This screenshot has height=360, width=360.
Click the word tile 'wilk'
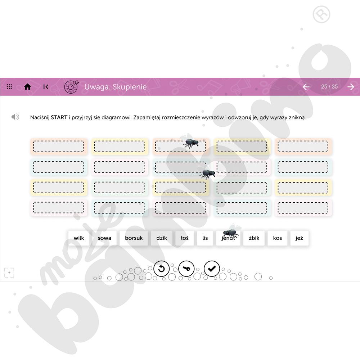(x=79, y=238)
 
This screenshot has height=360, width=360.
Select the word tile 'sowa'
(x=104, y=238)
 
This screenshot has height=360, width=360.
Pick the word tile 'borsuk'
(x=134, y=238)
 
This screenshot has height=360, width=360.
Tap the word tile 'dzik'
(x=162, y=238)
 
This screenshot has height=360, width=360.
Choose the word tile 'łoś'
(x=185, y=238)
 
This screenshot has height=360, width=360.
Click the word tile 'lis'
(x=205, y=238)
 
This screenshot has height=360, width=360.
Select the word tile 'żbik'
(x=254, y=238)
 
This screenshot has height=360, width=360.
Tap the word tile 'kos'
(x=278, y=238)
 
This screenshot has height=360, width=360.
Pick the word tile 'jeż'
(x=300, y=238)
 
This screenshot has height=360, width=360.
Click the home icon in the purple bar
(x=28, y=87)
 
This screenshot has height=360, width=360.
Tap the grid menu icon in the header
(x=9, y=87)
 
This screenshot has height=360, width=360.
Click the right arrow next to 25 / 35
(x=351, y=87)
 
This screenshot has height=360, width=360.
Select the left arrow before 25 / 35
(x=306, y=87)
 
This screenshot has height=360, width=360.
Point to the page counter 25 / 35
(x=329, y=87)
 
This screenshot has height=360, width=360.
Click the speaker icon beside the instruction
(x=15, y=117)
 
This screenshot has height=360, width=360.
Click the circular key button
(x=186, y=269)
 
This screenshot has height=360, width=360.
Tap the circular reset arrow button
(x=161, y=269)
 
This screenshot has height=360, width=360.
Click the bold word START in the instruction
(x=59, y=117)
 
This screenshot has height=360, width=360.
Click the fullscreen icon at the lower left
(x=9, y=273)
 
